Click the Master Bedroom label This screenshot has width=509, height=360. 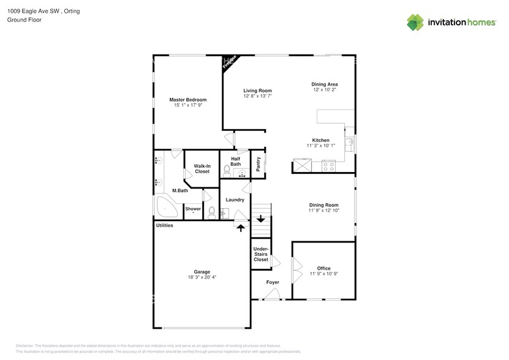(x=187, y=100)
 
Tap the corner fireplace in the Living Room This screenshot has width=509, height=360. (x=230, y=63)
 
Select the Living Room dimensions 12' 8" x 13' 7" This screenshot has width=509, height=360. (x=257, y=96)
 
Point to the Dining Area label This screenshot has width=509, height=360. (x=325, y=84)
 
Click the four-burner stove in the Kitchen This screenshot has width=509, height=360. (x=328, y=165)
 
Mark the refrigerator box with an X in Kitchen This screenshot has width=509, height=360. (x=302, y=165)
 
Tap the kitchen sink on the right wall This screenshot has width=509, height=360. (x=350, y=144)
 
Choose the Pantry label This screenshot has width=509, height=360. (x=258, y=163)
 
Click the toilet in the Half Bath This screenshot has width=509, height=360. (x=227, y=169)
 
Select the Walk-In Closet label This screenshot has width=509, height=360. (x=202, y=168)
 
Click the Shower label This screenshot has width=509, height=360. (x=193, y=209)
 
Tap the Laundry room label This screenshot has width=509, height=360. (x=235, y=200)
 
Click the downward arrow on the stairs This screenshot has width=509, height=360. (x=261, y=218)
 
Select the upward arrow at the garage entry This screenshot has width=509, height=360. (x=241, y=228)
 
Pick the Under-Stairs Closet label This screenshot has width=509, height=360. (x=261, y=254)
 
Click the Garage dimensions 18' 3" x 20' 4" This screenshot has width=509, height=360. (x=202, y=277)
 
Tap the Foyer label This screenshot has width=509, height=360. (x=273, y=282)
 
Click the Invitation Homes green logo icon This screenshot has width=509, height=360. (x=416, y=23)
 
